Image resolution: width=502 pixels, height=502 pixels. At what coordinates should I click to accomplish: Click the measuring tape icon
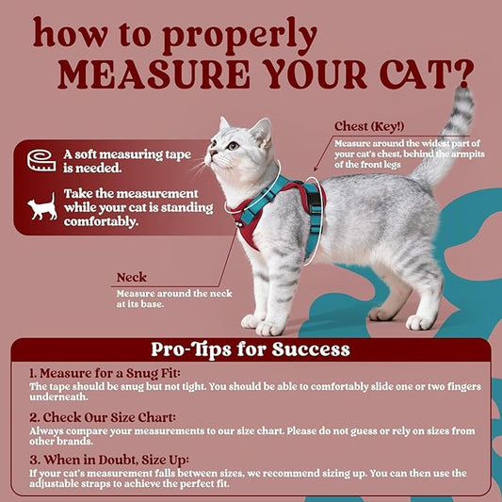[41, 160]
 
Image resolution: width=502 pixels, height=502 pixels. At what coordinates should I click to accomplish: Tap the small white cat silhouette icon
[42, 207]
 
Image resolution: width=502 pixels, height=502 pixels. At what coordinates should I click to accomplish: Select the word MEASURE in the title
[154, 74]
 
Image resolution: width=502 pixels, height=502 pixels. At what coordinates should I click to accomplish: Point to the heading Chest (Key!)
[369, 126]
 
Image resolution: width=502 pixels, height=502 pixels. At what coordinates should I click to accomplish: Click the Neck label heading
[132, 277]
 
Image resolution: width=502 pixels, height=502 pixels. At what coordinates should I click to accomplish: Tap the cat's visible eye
[233, 146]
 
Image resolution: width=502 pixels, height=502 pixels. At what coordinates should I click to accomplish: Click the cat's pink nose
[212, 152]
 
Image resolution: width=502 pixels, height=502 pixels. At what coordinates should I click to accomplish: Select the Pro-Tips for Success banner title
[251, 349]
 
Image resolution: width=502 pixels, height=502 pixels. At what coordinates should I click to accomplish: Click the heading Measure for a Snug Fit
[105, 373]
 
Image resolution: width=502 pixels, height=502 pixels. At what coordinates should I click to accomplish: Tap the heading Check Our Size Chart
[103, 417]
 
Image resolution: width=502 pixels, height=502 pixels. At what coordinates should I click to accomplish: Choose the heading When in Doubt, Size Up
[109, 460]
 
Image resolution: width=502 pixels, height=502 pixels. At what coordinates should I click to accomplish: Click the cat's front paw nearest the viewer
[269, 328]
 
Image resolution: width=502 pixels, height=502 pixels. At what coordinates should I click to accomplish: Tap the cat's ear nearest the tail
[262, 132]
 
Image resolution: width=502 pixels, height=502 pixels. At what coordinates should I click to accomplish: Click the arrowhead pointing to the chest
[316, 169]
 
